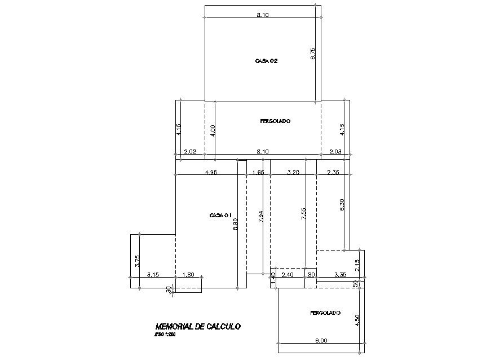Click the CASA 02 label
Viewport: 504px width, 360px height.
[266, 61]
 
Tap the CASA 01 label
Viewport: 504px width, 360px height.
[221, 215]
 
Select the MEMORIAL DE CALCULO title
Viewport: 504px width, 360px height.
[198, 326]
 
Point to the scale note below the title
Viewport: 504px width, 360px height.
[165, 335]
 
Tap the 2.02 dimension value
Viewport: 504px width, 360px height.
[190, 151]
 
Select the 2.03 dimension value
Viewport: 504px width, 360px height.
[335, 151]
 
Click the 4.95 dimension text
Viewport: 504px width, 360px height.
[211, 172]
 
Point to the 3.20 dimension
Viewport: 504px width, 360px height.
[293, 172]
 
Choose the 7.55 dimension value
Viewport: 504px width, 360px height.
[304, 214]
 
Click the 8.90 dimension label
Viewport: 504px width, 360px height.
[236, 225]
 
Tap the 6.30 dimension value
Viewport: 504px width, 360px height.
[342, 204]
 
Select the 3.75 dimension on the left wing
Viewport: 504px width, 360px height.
[137, 261]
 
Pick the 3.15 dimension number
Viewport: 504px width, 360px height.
[152, 275]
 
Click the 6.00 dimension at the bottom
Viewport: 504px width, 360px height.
[320, 340]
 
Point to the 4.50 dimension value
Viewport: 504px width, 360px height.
[357, 320]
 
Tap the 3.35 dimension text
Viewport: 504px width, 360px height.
[340, 275]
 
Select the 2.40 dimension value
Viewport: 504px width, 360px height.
[288, 275]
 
